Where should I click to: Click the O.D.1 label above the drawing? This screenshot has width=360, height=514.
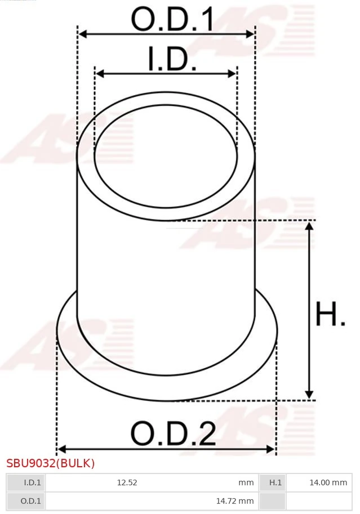coord(172,19)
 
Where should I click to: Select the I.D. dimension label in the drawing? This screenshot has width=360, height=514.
coord(172,59)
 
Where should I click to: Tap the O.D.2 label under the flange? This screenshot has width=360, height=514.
coord(173,433)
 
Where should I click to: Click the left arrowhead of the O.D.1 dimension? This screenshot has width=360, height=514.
coord(83,34)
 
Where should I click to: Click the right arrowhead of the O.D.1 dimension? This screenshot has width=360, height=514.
coord(250,34)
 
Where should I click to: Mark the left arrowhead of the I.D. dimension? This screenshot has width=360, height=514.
coord(100,73)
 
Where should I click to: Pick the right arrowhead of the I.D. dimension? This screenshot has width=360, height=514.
coord(232,73)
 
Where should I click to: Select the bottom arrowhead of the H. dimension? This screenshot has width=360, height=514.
coord(309,394)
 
